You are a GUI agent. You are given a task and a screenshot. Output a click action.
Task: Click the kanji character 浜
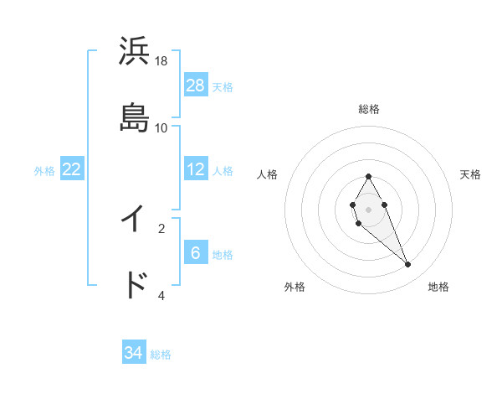(134, 51)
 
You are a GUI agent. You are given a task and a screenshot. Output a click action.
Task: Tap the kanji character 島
(134, 117)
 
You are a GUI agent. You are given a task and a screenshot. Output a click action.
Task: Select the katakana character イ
(134, 219)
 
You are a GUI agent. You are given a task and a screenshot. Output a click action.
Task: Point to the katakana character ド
(134, 284)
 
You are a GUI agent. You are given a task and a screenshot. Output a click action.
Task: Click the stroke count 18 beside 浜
(161, 61)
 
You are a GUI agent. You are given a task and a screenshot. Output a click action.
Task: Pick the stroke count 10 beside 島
(161, 127)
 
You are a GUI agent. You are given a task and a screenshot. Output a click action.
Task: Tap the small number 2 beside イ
(161, 227)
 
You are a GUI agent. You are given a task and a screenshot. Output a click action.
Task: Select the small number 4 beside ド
(161, 295)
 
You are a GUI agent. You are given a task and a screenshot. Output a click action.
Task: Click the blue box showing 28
(196, 85)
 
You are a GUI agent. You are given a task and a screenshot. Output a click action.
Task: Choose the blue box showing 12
(196, 169)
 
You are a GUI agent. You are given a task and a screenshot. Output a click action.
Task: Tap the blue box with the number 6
(196, 252)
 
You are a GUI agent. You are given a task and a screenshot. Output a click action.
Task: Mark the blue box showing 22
(72, 169)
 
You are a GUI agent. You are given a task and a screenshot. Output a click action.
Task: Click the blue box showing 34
(134, 353)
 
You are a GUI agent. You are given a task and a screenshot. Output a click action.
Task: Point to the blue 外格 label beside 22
(44, 171)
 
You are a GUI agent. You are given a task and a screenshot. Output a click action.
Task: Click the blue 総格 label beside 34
(161, 355)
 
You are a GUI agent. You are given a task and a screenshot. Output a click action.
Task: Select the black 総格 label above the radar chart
(369, 109)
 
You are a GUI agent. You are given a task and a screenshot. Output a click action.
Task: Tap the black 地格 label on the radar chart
(438, 287)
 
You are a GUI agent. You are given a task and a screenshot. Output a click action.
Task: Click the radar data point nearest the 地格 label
(408, 265)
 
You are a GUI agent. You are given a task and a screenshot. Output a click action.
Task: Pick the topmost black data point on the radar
(368, 177)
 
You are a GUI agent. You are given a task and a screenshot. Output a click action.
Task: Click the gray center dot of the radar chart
(368, 209)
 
